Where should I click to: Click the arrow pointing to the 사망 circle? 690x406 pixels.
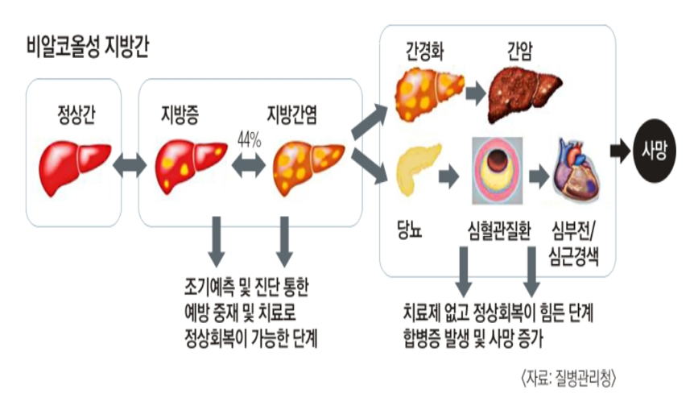tap(620, 150)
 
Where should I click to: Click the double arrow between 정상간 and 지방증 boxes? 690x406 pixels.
tap(129, 165)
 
